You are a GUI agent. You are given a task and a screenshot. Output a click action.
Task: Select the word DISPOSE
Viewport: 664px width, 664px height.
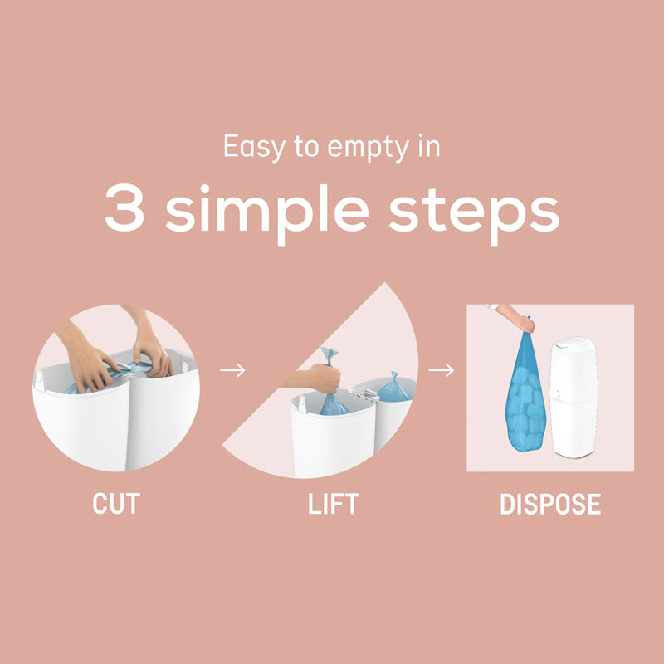click(x=550, y=505)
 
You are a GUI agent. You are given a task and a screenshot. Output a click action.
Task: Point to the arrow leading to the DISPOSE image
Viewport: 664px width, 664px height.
click(x=442, y=369)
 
